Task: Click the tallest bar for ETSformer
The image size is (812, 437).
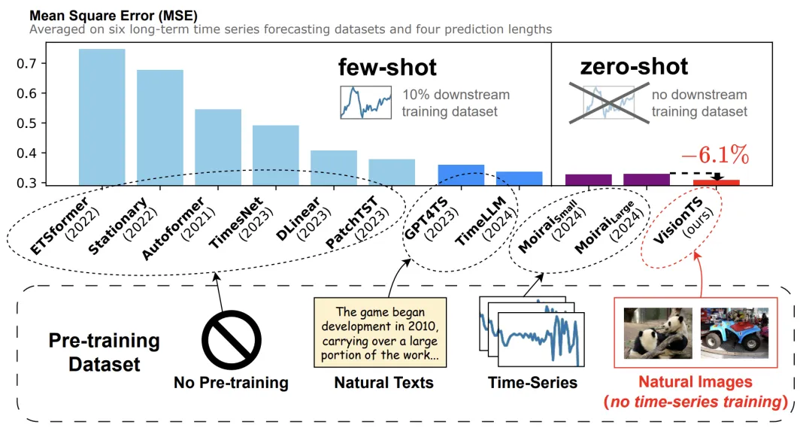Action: point(102,117)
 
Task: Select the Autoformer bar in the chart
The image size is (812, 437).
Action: point(218,147)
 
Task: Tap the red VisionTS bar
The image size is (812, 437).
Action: point(716,183)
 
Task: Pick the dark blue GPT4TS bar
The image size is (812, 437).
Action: point(461,175)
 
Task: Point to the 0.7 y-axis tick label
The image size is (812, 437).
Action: point(26,63)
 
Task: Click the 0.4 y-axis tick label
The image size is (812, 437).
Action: point(26,153)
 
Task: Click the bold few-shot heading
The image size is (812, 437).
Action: point(387,68)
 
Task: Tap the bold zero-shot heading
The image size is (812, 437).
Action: point(634,67)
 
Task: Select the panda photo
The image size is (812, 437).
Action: point(656,331)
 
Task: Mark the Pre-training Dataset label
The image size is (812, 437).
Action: point(105,353)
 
